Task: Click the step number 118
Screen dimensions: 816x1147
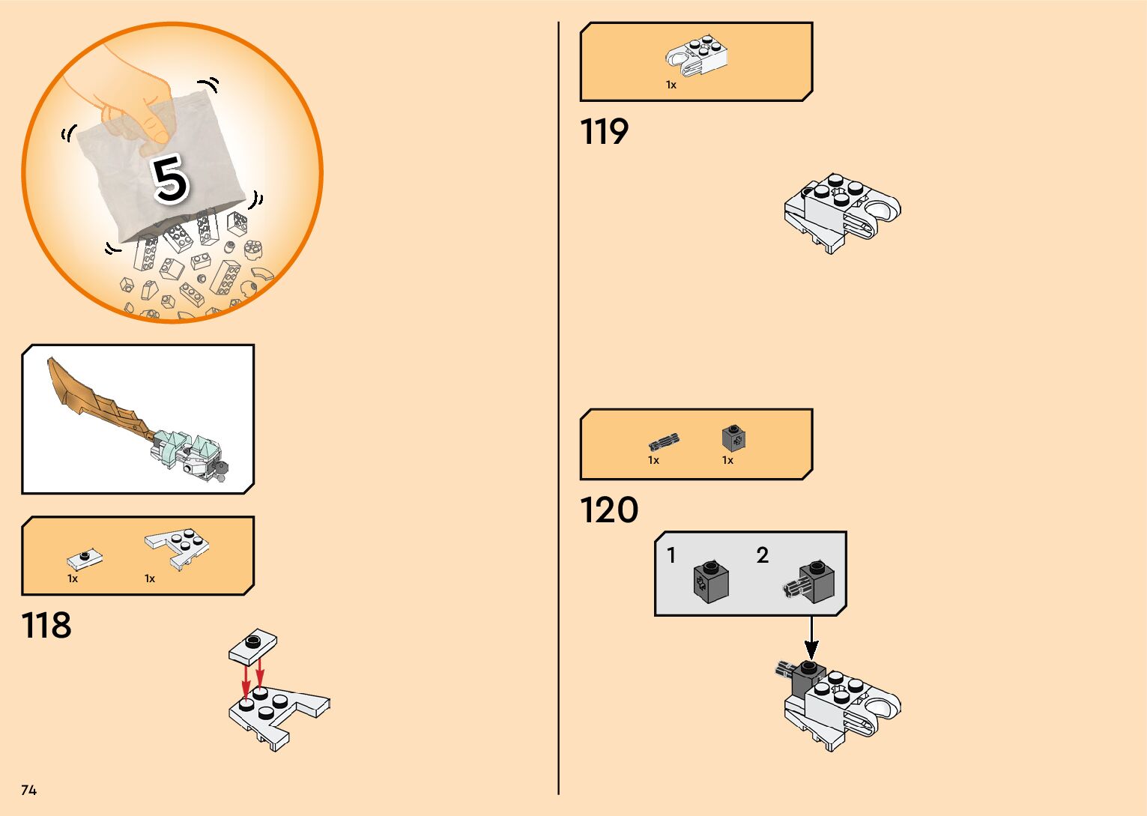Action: click(46, 626)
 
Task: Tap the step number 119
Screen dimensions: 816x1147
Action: click(604, 132)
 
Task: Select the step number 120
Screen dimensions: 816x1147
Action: click(609, 510)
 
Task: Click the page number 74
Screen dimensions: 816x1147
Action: click(28, 790)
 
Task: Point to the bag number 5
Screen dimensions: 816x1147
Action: click(170, 179)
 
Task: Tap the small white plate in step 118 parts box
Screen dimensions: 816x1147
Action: click(84, 559)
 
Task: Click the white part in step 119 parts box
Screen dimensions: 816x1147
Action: click(697, 56)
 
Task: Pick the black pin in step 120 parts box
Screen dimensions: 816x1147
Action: click(664, 441)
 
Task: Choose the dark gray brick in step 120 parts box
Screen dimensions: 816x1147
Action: click(733, 438)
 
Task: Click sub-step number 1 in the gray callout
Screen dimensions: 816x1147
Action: click(671, 555)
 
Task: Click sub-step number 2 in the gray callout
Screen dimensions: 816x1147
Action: click(762, 555)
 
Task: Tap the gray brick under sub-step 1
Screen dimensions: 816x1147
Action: click(711, 581)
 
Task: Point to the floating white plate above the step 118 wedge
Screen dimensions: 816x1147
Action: click(252, 647)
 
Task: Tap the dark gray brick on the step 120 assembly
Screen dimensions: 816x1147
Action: click(808, 679)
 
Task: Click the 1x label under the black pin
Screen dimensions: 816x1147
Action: click(653, 460)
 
